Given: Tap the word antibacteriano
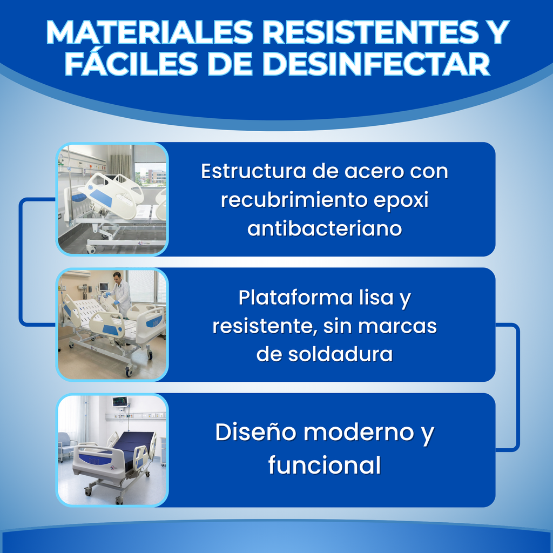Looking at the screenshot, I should pos(325,228).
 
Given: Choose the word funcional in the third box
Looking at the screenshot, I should pos(324,466).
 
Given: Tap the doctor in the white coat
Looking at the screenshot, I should pos(122,294).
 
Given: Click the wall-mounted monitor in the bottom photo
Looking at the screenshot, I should pos(120,402).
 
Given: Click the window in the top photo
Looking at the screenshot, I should pos(150,167).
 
